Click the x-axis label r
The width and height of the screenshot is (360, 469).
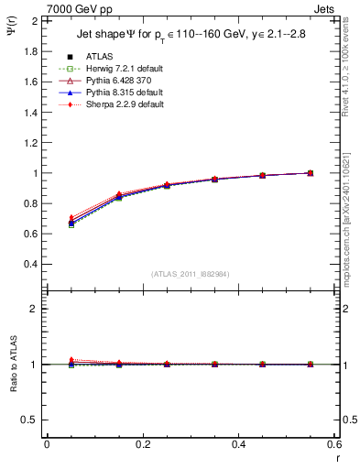336,459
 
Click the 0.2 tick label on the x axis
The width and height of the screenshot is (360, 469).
143,444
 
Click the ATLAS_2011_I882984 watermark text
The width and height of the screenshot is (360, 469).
190,275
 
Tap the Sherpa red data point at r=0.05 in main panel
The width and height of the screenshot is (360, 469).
47,217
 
